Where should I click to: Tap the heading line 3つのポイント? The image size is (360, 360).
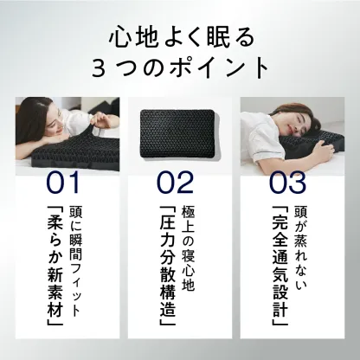[x=179, y=66]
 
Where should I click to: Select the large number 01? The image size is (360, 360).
[x=62, y=183]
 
